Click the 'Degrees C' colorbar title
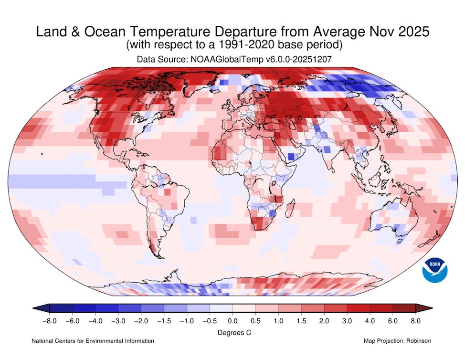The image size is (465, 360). [x=232, y=331]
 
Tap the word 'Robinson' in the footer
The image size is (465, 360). [x=419, y=341]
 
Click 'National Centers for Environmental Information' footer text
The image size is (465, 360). [x=93, y=341]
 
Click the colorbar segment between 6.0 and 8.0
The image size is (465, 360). [x=404, y=308]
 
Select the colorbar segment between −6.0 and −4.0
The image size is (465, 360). [x=84, y=308]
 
